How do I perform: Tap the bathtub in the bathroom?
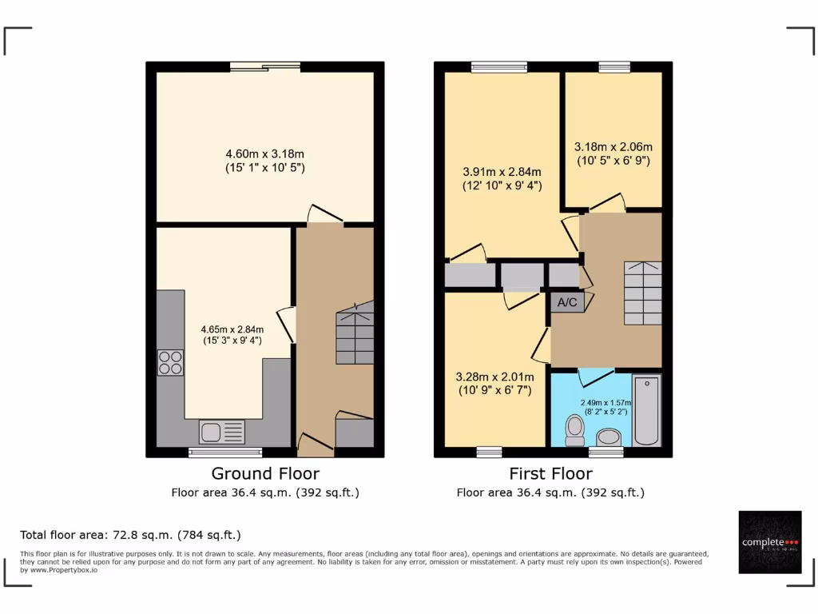pos(646,410)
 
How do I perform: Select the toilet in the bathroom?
pos(574,430)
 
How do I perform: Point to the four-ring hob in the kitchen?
pos(170,362)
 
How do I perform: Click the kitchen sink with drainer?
pos(222,432)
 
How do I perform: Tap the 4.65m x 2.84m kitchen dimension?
pos(232,334)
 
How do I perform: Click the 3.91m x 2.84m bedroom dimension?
pos(502,178)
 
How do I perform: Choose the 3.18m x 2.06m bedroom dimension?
pos(613,153)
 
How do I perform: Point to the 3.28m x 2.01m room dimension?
pos(493,383)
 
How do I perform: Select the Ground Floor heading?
pos(265,474)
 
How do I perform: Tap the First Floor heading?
pos(550,474)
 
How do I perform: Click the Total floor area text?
pos(130,535)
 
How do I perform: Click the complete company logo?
pos(770,542)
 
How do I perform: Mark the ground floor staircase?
pos(355,333)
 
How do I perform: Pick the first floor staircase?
pos(642,293)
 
